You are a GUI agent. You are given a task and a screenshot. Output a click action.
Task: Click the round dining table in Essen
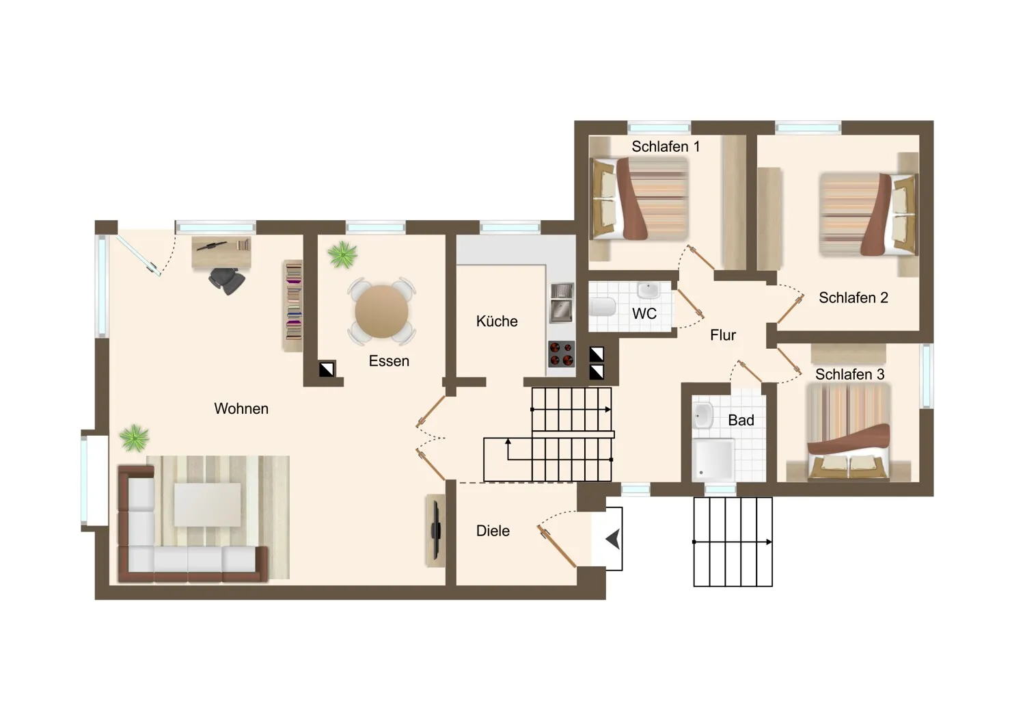[381, 311]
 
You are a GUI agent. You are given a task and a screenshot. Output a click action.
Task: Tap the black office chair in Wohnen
[226, 280]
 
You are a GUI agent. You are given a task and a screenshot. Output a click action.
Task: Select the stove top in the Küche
[562, 354]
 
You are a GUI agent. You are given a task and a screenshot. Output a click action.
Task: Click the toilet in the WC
[603, 307]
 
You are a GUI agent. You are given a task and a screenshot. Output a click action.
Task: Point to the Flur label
[723, 335]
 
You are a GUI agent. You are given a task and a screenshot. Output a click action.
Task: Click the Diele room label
[493, 531]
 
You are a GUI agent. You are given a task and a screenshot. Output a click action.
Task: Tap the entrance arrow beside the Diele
[613, 538]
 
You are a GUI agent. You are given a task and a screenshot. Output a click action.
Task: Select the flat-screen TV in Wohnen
[436, 531]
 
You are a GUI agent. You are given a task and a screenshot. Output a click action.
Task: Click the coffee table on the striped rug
[207, 504]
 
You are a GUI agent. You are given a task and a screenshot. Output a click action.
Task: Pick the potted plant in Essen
[342, 255]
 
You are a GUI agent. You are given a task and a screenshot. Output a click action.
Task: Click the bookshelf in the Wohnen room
[293, 306]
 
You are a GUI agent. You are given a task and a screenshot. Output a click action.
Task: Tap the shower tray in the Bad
[713, 460]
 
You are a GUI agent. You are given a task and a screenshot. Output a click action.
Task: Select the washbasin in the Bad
[702, 415]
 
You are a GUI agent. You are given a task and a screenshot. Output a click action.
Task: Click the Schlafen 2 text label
[853, 298]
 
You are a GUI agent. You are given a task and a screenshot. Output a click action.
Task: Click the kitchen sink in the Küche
[562, 303]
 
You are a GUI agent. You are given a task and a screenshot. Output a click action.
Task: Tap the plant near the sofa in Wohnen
[135, 438]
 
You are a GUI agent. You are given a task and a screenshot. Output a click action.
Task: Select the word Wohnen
[241, 408]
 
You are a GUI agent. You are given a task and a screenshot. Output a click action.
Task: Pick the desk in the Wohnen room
[221, 252]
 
